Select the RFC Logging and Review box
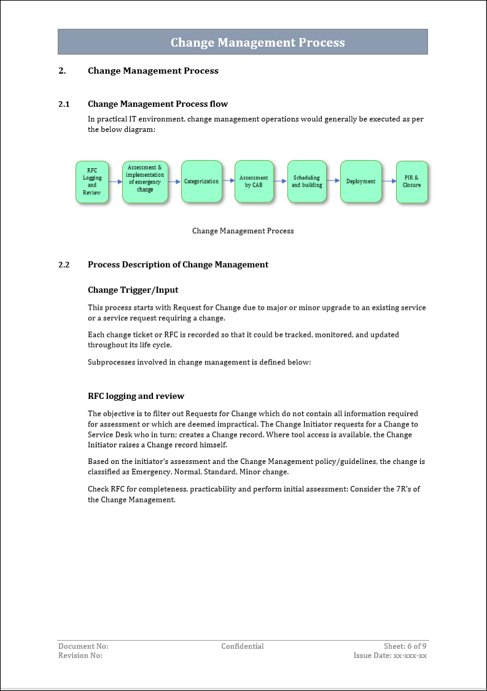(x=92, y=182)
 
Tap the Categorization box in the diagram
(x=201, y=182)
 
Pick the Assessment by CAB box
(x=254, y=182)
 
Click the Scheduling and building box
(x=307, y=182)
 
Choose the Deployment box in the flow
(x=360, y=182)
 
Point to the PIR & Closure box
(x=411, y=182)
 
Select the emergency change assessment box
(x=145, y=182)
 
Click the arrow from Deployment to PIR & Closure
(x=389, y=181)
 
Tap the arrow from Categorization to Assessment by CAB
(x=228, y=181)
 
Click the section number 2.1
(x=64, y=104)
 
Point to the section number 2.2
(x=64, y=265)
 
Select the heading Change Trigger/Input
(x=133, y=290)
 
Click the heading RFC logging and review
(x=136, y=396)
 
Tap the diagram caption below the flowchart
(x=243, y=231)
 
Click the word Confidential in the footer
(x=243, y=646)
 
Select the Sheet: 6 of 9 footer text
(x=405, y=646)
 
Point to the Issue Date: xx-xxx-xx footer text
(x=390, y=655)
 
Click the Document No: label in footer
(x=83, y=646)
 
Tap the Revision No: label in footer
(x=80, y=655)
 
